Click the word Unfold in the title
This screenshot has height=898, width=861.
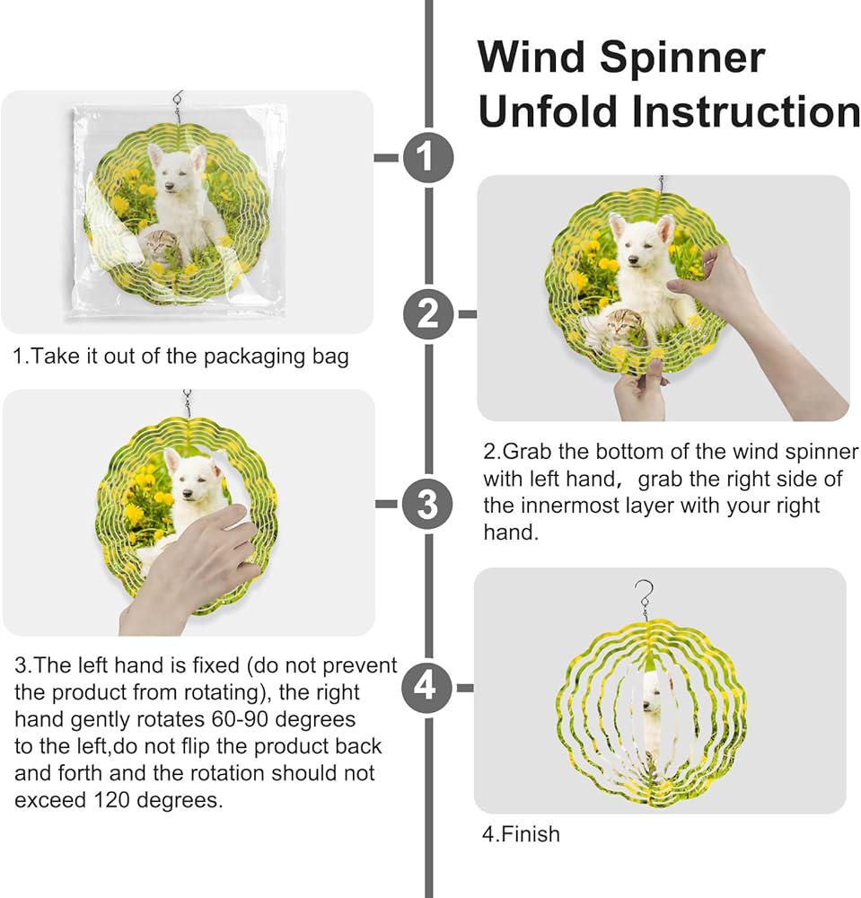coord(548,110)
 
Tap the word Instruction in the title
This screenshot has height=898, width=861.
coord(745,110)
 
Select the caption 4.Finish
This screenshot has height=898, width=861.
coord(521,834)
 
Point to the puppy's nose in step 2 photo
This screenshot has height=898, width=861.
coord(633,260)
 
